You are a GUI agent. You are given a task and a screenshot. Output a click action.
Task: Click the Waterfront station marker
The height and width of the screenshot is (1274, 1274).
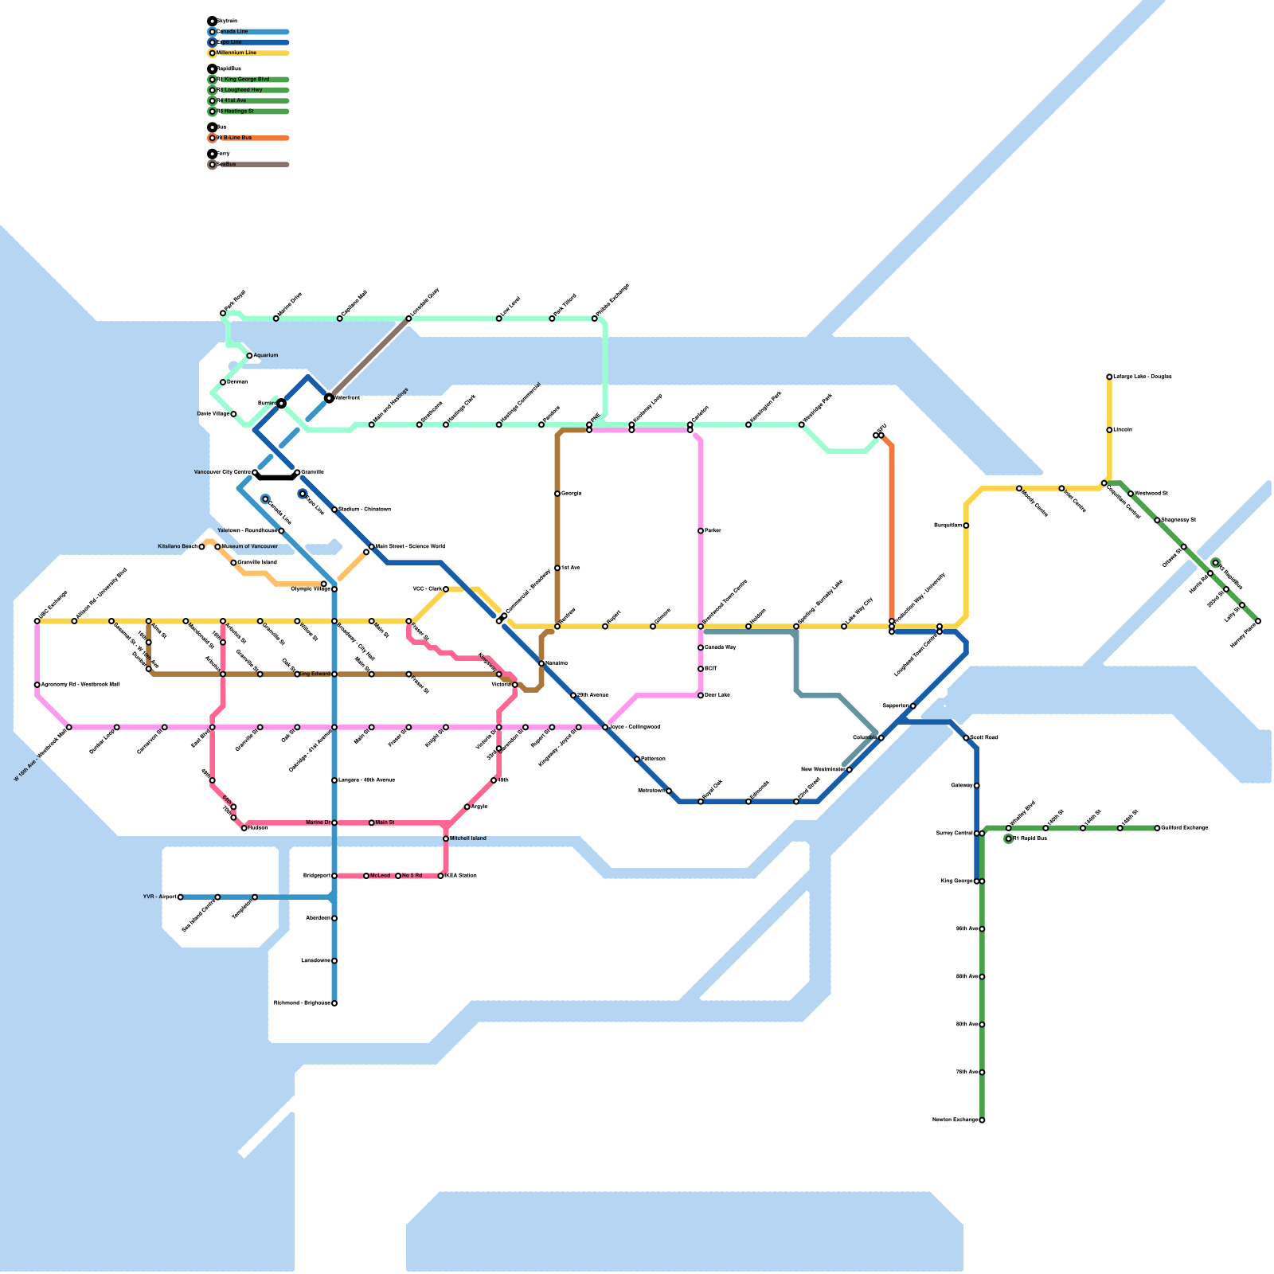329,397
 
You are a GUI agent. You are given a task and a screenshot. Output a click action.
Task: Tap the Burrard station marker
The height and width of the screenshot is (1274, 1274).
281,404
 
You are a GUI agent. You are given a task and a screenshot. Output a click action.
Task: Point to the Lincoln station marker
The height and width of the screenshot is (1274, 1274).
1109,430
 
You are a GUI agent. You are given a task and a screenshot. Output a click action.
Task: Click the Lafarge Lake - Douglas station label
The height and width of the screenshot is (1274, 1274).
1143,377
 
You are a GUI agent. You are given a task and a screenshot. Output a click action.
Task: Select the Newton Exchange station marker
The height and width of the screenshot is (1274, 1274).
982,1120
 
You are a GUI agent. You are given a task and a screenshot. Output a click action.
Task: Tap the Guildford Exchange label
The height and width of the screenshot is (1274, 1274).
1185,828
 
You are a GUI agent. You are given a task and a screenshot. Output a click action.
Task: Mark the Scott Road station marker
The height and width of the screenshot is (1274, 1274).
966,738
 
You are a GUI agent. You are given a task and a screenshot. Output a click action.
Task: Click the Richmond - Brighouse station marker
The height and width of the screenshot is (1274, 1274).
334,1003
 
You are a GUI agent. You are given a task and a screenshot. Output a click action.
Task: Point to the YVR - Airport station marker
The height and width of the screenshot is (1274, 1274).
181,897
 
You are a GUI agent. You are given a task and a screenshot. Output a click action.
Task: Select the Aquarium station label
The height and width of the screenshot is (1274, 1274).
266,356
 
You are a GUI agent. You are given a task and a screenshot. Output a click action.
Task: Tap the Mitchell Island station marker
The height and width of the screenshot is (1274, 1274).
446,838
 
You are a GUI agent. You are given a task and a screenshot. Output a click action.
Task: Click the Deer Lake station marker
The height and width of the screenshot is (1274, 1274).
701,696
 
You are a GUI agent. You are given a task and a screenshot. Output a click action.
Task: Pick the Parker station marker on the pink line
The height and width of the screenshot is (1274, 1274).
701,531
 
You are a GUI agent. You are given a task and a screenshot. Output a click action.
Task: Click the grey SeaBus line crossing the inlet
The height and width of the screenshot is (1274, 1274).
369,358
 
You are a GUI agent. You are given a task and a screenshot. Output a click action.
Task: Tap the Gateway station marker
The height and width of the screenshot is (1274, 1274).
977,786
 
